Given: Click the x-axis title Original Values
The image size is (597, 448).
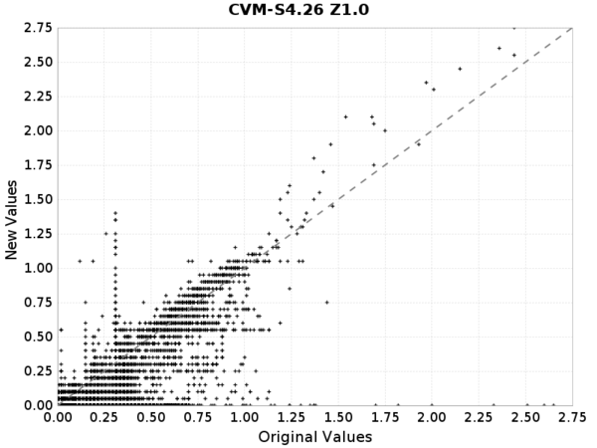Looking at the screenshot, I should pyautogui.click(x=316, y=437).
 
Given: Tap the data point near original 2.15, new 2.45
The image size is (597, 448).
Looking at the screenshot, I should pyautogui.click(x=460, y=69).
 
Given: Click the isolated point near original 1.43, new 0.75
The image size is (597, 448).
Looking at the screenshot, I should pyautogui.click(x=326, y=302).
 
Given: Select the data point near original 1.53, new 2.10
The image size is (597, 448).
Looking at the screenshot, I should pyautogui.click(x=345, y=116).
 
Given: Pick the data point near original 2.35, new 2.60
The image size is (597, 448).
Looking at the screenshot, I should pyautogui.click(x=498, y=48).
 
